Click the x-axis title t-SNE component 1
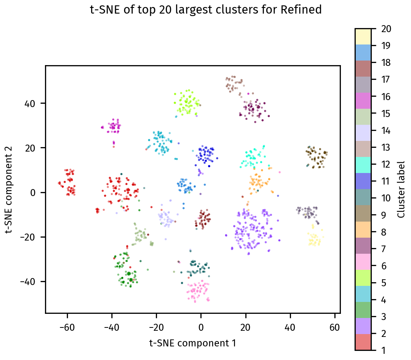[193, 343]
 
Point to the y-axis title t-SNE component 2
[9, 189]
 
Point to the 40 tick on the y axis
[45, 103]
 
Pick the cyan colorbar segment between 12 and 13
[363, 156]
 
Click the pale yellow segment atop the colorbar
[363, 37]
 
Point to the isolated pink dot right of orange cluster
[279, 172]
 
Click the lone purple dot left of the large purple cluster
[226, 235]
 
